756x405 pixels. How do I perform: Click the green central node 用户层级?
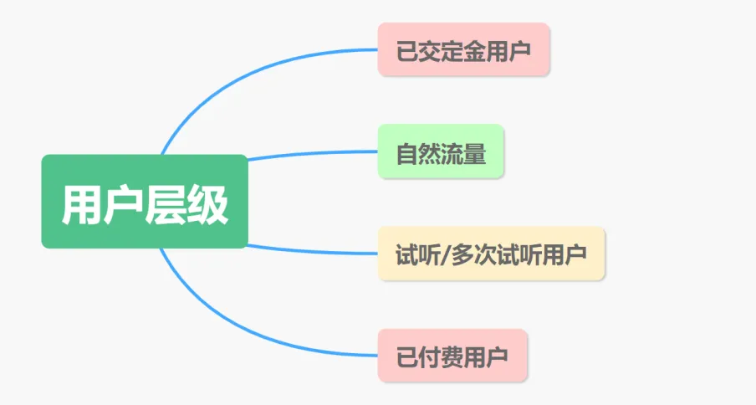[145, 202]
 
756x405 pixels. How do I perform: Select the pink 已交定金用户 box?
[463, 49]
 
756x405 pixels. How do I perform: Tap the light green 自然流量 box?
[441, 151]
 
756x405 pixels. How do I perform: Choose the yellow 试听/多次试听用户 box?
[491, 253]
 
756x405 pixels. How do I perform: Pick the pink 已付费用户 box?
[452, 355]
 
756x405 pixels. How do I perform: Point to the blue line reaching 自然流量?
[318, 153]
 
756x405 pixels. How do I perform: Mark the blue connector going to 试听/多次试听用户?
[318, 251]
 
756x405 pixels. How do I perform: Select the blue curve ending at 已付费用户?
[251, 335]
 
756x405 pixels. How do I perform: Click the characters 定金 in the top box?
[463, 50]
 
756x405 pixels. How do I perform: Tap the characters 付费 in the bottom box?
[452, 356]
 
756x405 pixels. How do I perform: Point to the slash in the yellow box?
[444, 254]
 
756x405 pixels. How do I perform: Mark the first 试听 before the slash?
[418, 254]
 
